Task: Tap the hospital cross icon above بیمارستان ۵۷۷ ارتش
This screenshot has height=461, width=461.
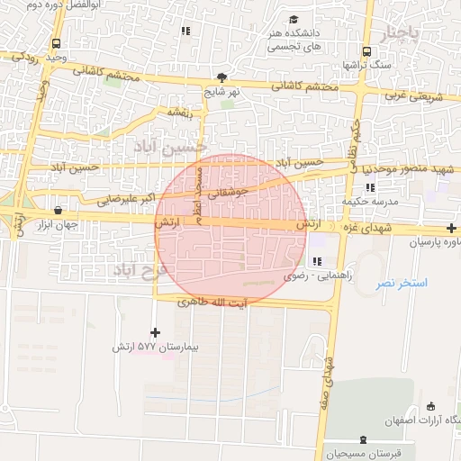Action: pos(156,332)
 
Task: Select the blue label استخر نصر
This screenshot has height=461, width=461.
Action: pos(402,283)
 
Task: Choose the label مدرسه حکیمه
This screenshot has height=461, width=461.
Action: pos(370,203)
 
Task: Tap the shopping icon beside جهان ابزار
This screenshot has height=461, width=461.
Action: pos(59,211)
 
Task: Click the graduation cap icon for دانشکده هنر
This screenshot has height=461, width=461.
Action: pos(294,20)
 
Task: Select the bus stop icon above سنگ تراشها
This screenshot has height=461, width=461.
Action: pos(366,51)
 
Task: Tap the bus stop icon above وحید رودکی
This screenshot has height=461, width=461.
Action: pos(57,43)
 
